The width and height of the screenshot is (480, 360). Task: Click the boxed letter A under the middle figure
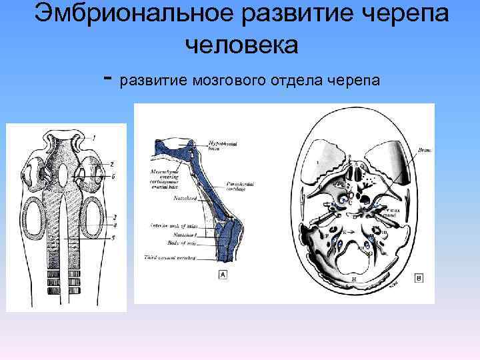(219, 274)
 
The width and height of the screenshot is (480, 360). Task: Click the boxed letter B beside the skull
(419, 276)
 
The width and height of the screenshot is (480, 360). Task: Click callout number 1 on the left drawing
(94, 137)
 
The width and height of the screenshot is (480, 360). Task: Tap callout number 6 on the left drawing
(114, 176)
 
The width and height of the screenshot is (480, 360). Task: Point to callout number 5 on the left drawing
(114, 237)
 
